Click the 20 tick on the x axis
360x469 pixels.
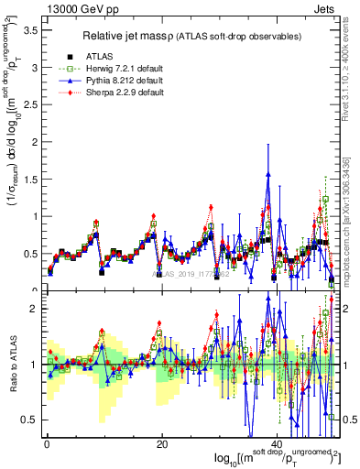point(161,442)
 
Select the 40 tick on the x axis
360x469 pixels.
point(277,442)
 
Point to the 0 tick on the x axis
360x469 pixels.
point(46,442)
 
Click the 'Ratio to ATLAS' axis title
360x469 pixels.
point(11,364)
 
